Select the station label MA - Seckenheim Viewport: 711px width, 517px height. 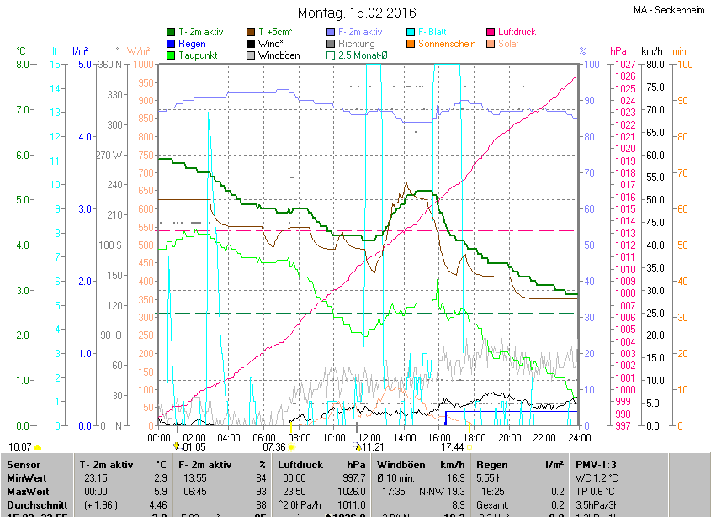pos(669,10)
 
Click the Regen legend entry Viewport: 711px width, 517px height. pos(192,44)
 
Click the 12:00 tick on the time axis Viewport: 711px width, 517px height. pos(369,437)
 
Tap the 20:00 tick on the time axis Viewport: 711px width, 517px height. pos(509,437)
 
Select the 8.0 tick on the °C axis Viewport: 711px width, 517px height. pos(23,65)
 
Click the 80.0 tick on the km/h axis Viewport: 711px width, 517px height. pos(653,65)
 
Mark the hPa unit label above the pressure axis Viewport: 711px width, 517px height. pos(618,50)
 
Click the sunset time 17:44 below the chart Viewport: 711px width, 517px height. pos(454,447)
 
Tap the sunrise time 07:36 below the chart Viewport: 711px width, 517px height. pos(274,447)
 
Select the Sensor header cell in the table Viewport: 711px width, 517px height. pos(23,465)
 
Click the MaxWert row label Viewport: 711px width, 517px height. pos(28,492)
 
